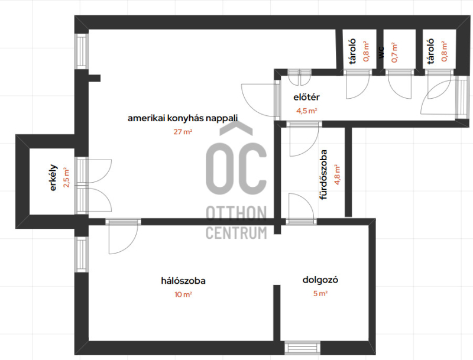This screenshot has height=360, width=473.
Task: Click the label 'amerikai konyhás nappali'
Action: coord(183,118)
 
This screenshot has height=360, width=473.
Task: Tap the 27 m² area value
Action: coord(183,132)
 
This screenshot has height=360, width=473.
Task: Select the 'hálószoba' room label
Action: coord(183,281)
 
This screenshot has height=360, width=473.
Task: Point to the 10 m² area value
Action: coord(183,294)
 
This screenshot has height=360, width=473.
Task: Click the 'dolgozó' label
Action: coord(320,280)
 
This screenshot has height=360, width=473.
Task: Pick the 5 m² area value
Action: coord(320,293)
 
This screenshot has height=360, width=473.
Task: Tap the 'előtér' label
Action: coord(306,97)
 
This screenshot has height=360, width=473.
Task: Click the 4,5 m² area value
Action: coord(306,111)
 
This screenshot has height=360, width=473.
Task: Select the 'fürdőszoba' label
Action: coord(323,174)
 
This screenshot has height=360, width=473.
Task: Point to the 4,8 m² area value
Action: coord(336,174)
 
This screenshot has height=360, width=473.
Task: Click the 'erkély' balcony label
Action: coord(53,177)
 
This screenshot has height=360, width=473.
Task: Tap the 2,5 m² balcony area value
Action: coord(66,177)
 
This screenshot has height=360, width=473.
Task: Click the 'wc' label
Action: coord(381,53)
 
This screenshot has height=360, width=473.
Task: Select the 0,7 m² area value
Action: coord(394,53)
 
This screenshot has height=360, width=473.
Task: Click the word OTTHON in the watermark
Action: coord(237,213)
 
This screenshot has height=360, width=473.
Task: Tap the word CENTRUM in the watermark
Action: coord(237,233)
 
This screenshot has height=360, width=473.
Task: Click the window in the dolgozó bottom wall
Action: coord(302,348)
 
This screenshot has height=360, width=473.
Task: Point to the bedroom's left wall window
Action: coord(82,254)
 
